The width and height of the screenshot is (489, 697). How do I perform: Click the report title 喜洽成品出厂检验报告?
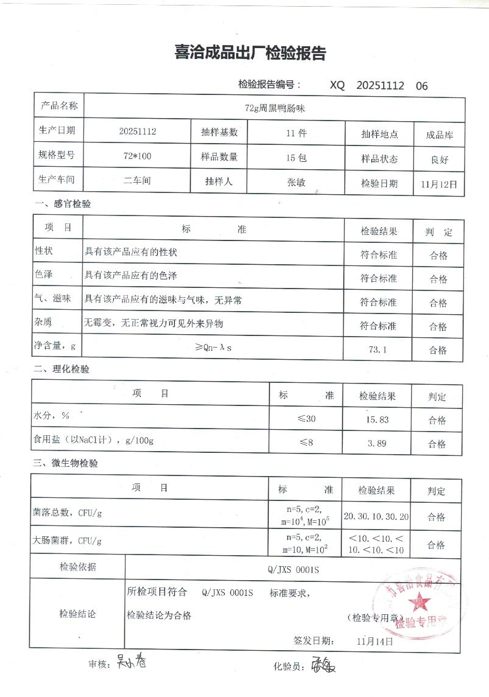pyautogui.click(x=250, y=54)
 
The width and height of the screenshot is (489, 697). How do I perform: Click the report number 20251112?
pyautogui.click(x=380, y=86)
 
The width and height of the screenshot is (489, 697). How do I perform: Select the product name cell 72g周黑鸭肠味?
pyautogui.click(x=274, y=108)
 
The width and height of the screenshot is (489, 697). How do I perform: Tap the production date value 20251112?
pyautogui.click(x=138, y=131)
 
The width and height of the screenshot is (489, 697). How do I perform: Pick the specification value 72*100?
pyautogui.click(x=137, y=156)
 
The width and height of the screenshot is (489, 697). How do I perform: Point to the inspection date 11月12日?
pyautogui.click(x=438, y=183)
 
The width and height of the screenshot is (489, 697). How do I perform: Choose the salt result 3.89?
pyautogui.click(x=377, y=443)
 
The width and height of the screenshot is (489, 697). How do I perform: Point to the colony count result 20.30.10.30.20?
pyautogui.click(x=376, y=516)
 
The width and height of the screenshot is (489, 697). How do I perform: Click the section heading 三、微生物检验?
pyautogui.click(x=66, y=463)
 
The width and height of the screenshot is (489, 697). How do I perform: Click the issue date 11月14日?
pyautogui.click(x=375, y=640)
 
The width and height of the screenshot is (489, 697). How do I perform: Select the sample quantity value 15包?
pyautogui.click(x=296, y=157)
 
